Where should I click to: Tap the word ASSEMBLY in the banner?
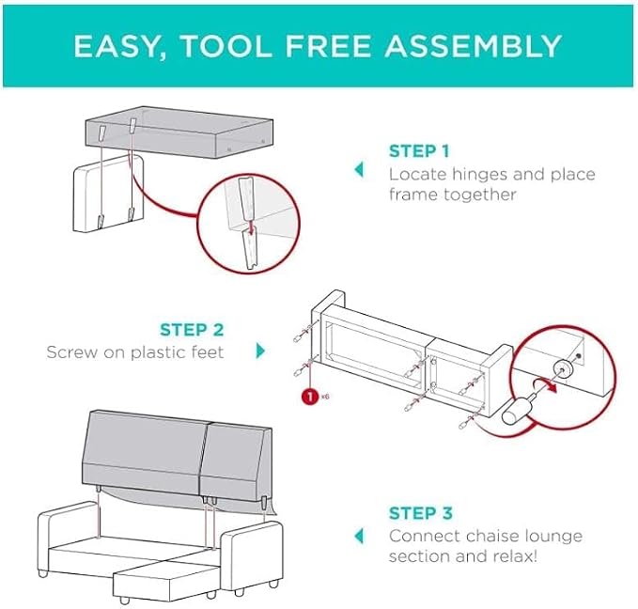click(474, 46)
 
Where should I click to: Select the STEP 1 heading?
click(419, 151)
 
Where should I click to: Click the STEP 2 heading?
click(192, 330)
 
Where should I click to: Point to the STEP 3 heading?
click(421, 513)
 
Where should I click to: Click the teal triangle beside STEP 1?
click(359, 169)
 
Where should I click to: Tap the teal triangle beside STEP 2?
click(260, 351)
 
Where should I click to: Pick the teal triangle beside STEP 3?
click(359, 536)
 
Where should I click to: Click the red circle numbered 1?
click(310, 396)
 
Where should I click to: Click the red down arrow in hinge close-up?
click(251, 227)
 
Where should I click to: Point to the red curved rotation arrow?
click(545, 384)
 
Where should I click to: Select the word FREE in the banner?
click(328, 46)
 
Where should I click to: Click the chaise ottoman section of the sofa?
click(166, 580)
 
